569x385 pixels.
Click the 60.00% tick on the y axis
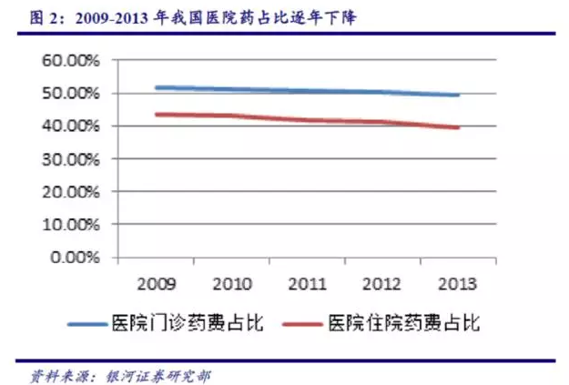point(72,61)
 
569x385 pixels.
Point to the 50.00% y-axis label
point(72,94)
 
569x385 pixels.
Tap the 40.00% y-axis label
point(72,127)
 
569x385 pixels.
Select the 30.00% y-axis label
point(72,159)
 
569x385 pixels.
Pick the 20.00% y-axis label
point(72,192)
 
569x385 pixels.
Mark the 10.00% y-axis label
point(72,224)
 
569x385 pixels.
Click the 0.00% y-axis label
point(76,257)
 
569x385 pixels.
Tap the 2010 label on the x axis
point(229,283)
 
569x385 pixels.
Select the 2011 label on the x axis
point(306,283)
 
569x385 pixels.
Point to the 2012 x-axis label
point(382,283)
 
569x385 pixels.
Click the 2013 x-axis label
point(458,283)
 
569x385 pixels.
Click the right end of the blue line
point(459,95)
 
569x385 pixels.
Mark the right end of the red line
point(459,127)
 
